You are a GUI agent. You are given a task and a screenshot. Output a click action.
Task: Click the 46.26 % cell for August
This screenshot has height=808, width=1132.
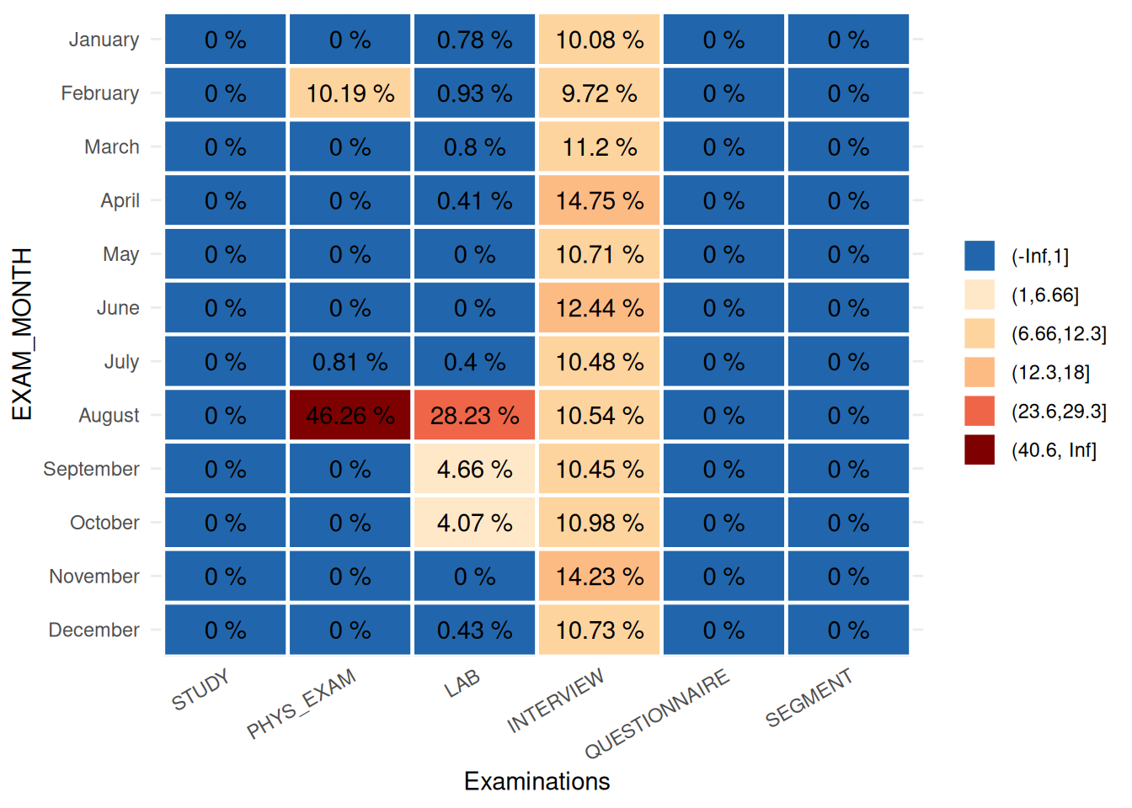coord(350,415)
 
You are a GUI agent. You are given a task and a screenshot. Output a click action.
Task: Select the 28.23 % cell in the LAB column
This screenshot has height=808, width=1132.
coord(474,415)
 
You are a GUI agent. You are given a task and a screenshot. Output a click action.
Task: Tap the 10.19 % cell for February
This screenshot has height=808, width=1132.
coord(350,93)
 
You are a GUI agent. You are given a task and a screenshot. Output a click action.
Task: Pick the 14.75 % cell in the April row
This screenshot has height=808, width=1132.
coord(599,200)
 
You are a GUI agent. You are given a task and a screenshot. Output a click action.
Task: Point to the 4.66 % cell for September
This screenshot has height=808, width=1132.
coord(474,469)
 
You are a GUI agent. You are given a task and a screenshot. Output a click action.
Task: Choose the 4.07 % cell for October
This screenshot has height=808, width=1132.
coord(474,523)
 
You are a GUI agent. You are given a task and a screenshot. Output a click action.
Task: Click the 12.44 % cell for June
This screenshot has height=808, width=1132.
coord(599,308)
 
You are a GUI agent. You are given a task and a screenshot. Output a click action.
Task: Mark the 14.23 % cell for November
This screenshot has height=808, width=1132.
coord(599,577)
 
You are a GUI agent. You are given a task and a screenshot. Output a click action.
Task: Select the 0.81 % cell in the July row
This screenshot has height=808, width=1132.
coord(350,362)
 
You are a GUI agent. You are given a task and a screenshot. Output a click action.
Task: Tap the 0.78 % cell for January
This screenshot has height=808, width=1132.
coord(474,40)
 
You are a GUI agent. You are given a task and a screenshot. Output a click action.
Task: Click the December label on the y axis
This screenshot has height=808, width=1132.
coord(93,630)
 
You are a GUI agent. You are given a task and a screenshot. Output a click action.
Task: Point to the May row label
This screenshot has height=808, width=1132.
coord(120,254)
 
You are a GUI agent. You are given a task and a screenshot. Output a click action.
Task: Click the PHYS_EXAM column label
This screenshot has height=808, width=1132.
coord(302,704)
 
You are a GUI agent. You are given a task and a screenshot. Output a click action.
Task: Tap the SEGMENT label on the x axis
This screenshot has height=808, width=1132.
coord(809,698)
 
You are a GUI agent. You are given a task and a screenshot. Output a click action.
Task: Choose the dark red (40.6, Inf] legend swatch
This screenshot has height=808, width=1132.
coord(980,450)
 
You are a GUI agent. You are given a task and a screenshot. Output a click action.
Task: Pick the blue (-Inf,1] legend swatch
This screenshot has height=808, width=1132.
coord(980,256)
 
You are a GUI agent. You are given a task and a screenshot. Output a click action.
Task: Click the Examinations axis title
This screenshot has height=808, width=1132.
coord(537,781)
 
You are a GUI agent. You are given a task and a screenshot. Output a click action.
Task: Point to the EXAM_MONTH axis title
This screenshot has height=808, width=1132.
coord(22,334)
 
